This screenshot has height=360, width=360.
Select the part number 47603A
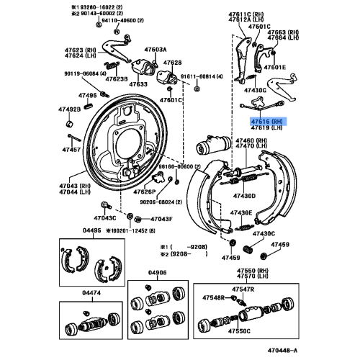pyautogui.click(x=155, y=50)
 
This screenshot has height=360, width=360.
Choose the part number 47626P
pyautogui.click(x=145, y=192)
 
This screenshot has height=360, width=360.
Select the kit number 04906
pyautogui.click(x=157, y=272)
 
